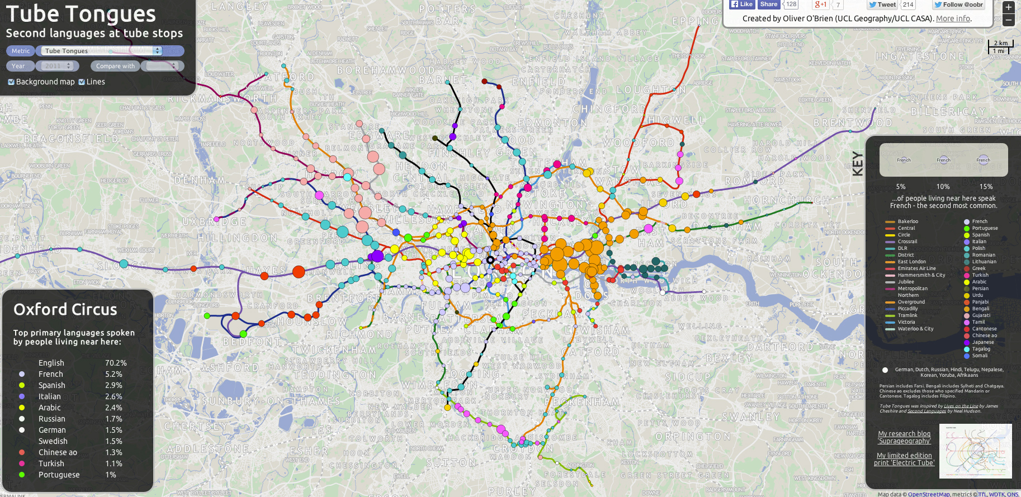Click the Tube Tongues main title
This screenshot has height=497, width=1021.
click(x=81, y=13)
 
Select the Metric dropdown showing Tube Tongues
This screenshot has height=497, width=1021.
click(x=101, y=51)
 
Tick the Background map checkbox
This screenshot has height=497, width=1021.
click(x=11, y=82)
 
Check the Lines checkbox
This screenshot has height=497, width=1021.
click(x=82, y=82)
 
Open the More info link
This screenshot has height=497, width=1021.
click(x=953, y=18)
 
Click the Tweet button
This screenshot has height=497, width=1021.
click(x=882, y=4)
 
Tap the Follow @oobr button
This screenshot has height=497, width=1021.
click(x=958, y=4)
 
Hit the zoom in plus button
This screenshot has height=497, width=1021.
click(x=1008, y=7)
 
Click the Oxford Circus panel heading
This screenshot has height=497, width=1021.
click(x=65, y=310)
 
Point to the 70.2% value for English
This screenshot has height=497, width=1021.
click(x=116, y=363)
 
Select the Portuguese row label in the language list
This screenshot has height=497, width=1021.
click(x=59, y=475)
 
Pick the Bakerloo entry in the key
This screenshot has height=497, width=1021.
click(x=907, y=221)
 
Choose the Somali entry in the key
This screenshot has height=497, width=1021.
click(x=980, y=356)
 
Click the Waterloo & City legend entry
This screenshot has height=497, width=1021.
click(x=915, y=329)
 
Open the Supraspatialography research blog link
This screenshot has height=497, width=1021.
click(x=904, y=437)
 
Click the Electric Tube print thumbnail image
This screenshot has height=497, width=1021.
click(x=975, y=451)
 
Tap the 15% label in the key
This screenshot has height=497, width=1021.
click(x=986, y=187)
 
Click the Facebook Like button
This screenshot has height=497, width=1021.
click(x=741, y=4)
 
